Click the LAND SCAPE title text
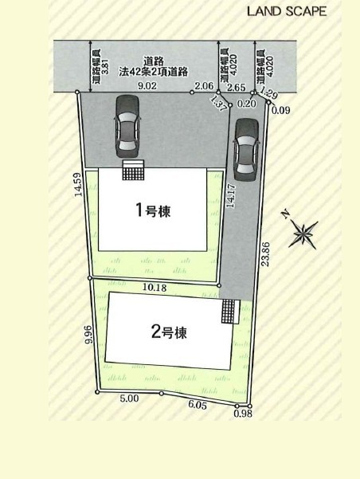[287, 12]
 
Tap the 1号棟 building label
[153, 210]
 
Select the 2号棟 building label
[169, 332]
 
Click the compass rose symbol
[303, 234]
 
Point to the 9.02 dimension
[147, 85]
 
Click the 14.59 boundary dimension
[78, 185]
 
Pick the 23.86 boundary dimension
[265, 254]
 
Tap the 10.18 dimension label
[155, 287]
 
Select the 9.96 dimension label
[88, 334]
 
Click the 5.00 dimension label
[129, 399]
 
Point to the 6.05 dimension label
[198, 405]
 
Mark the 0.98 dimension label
[243, 414]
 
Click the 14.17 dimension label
[231, 196]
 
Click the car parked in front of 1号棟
[127, 127]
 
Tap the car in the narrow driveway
[245, 150]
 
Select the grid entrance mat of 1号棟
[133, 170]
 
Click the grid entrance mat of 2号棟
[230, 312]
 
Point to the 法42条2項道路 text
[153, 72]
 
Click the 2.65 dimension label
[237, 88]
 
